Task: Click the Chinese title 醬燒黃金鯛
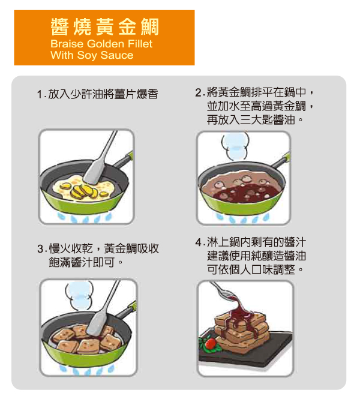(x=104, y=27)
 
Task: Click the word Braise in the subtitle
(x=67, y=44)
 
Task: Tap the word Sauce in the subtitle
(x=117, y=55)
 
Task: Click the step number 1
(x=40, y=95)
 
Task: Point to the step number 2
(x=199, y=93)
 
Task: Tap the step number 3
(x=41, y=249)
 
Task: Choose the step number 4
(x=199, y=242)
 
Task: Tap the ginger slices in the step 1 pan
(x=84, y=190)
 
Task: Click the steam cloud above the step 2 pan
(x=235, y=146)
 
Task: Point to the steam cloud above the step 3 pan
(x=79, y=295)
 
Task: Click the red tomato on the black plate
(x=211, y=343)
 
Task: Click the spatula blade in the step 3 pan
(x=97, y=323)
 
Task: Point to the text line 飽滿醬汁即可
(x=82, y=263)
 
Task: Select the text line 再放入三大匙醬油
(x=251, y=120)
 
